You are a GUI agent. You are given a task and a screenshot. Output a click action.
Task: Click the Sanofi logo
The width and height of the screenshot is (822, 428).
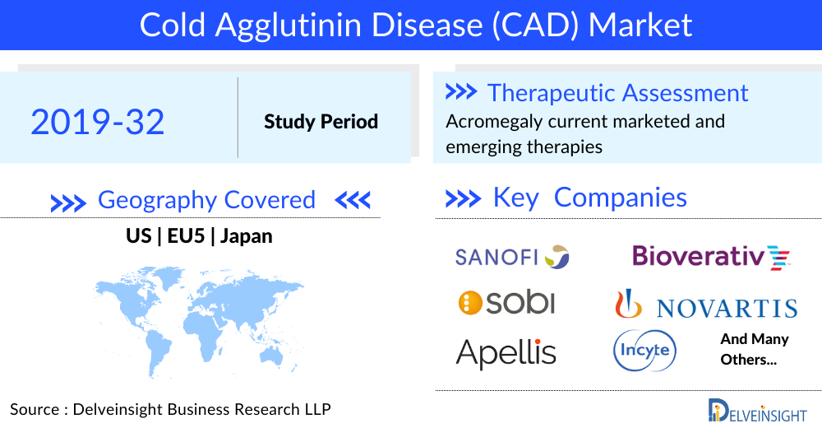[x=511, y=257]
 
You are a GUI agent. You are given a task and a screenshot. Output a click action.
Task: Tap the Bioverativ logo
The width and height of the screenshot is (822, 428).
[x=711, y=258]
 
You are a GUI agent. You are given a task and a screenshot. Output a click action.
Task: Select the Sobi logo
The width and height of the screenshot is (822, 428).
[x=506, y=303]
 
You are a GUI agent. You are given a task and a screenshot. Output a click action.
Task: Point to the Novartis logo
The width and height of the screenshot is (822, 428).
[x=706, y=305]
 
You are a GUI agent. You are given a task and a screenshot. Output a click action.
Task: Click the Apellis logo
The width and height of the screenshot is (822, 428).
[x=506, y=353]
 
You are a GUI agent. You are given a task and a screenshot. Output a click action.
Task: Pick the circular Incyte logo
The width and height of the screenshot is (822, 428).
[x=644, y=351]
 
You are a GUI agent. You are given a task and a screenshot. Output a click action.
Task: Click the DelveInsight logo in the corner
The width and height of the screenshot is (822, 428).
[x=757, y=411]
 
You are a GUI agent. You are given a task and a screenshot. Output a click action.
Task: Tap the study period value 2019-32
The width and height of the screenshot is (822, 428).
[x=98, y=122]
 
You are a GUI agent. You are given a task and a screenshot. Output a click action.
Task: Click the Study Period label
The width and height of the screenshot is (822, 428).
[x=321, y=122]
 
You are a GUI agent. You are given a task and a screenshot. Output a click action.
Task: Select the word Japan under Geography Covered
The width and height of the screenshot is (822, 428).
[x=247, y=236]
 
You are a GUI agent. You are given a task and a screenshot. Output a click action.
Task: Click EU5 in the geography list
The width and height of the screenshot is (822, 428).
[x=186, y=235]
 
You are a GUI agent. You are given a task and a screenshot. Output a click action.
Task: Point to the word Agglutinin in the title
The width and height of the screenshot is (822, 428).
[x=289, y=26]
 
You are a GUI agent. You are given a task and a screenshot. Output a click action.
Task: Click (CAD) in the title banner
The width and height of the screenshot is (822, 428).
[x=535, y=25]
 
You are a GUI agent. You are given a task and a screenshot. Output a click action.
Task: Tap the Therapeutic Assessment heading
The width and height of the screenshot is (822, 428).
[x=617, y=93]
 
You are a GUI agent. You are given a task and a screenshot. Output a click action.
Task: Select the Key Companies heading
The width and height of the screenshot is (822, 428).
[x=589, y=198]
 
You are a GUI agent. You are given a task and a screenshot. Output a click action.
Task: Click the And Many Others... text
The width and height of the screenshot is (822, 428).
[x=755, y=349]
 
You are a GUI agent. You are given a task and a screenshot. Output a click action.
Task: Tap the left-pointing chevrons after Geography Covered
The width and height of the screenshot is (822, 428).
[x=353, y=200]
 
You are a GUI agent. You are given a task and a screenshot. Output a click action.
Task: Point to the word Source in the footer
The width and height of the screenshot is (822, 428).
[x=35, y=409]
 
